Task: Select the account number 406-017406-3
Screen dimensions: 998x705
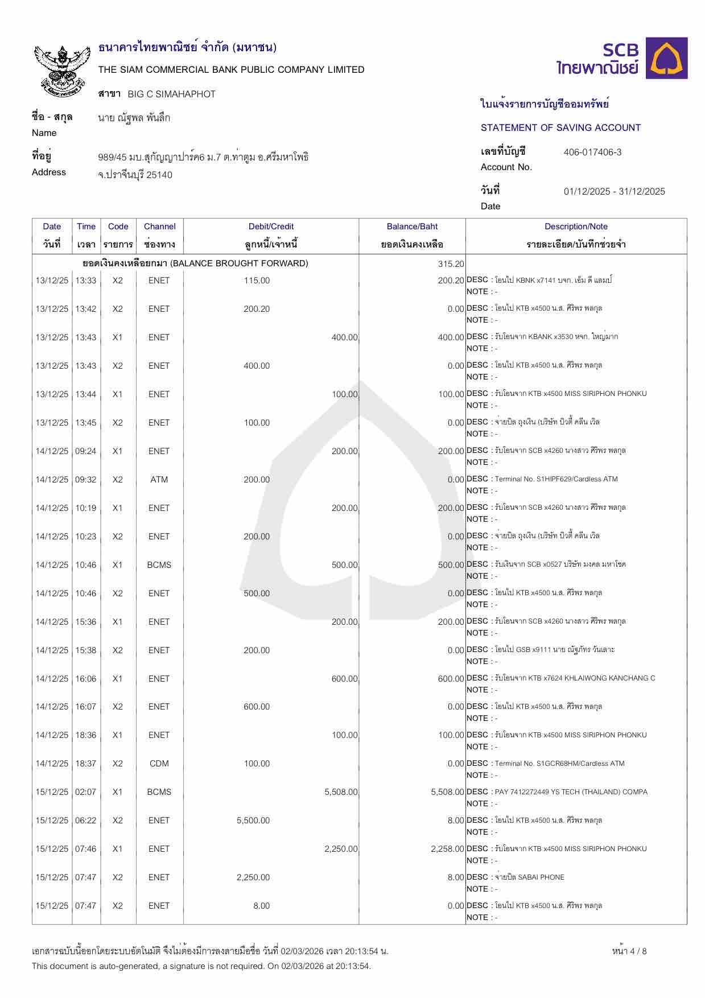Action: click(x=592, y=152)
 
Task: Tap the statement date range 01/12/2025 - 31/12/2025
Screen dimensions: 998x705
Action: click(x=614, y=191)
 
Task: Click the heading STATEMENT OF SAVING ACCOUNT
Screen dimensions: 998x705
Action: click(x=560, y=127)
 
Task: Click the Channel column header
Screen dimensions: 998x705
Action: click(x=159, y=226)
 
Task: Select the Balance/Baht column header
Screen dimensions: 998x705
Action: click(x=412, y=226)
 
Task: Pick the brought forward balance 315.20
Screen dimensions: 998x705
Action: click(x=451, y=264)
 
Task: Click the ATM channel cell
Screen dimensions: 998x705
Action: click(x=159, y=480)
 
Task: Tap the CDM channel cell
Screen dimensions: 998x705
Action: click(x=159, y=764)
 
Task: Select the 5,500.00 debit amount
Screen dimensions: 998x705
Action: click(x=253, y=820)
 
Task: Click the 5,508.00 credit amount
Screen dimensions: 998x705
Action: click(x=341, y=792)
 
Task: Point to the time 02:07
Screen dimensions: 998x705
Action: click(x=86, y=792)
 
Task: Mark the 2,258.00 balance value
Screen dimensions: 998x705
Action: click(x=447, y=849)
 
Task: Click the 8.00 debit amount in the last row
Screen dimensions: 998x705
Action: click(x=261, y=906)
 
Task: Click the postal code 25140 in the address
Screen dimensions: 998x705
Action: click(x=159, y=175)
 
